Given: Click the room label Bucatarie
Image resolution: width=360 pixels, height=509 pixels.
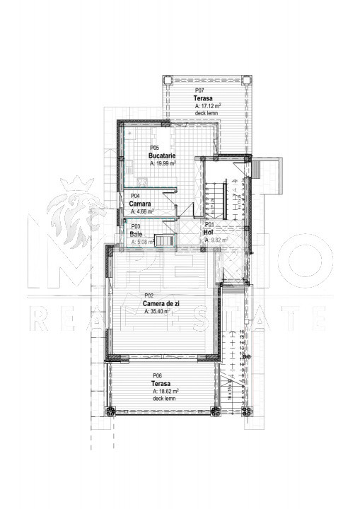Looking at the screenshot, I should [161, 155].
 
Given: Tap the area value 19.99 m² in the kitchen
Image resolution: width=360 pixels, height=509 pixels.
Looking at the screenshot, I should [163, 163].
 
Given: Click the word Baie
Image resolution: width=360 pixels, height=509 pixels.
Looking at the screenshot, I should [136, 233].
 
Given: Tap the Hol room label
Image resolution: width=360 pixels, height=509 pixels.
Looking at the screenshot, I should [208, 233].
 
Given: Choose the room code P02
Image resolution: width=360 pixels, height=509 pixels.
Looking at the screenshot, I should [149, 296].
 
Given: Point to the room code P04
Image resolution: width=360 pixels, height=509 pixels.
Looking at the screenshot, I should [134, 196].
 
